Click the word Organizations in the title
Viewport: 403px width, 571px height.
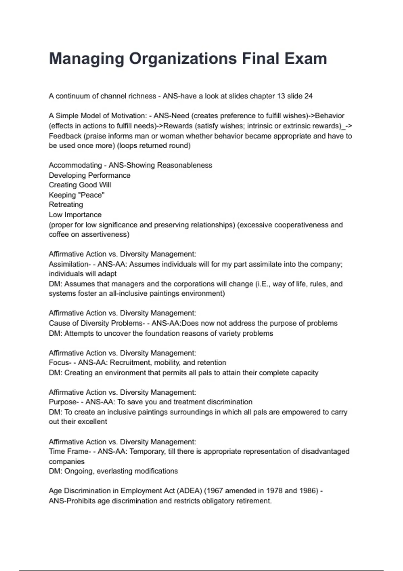pos(182,59)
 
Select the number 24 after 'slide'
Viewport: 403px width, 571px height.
pos(308,96)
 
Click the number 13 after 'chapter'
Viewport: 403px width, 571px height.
pos(281,96)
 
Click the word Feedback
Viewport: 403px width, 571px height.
pos(65,136)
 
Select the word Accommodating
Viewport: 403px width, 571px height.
pos(75,165)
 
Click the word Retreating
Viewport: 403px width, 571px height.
pos(66,205)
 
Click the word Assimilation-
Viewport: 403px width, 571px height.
pos(70,264)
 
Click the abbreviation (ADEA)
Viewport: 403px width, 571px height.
pos(189,491)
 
